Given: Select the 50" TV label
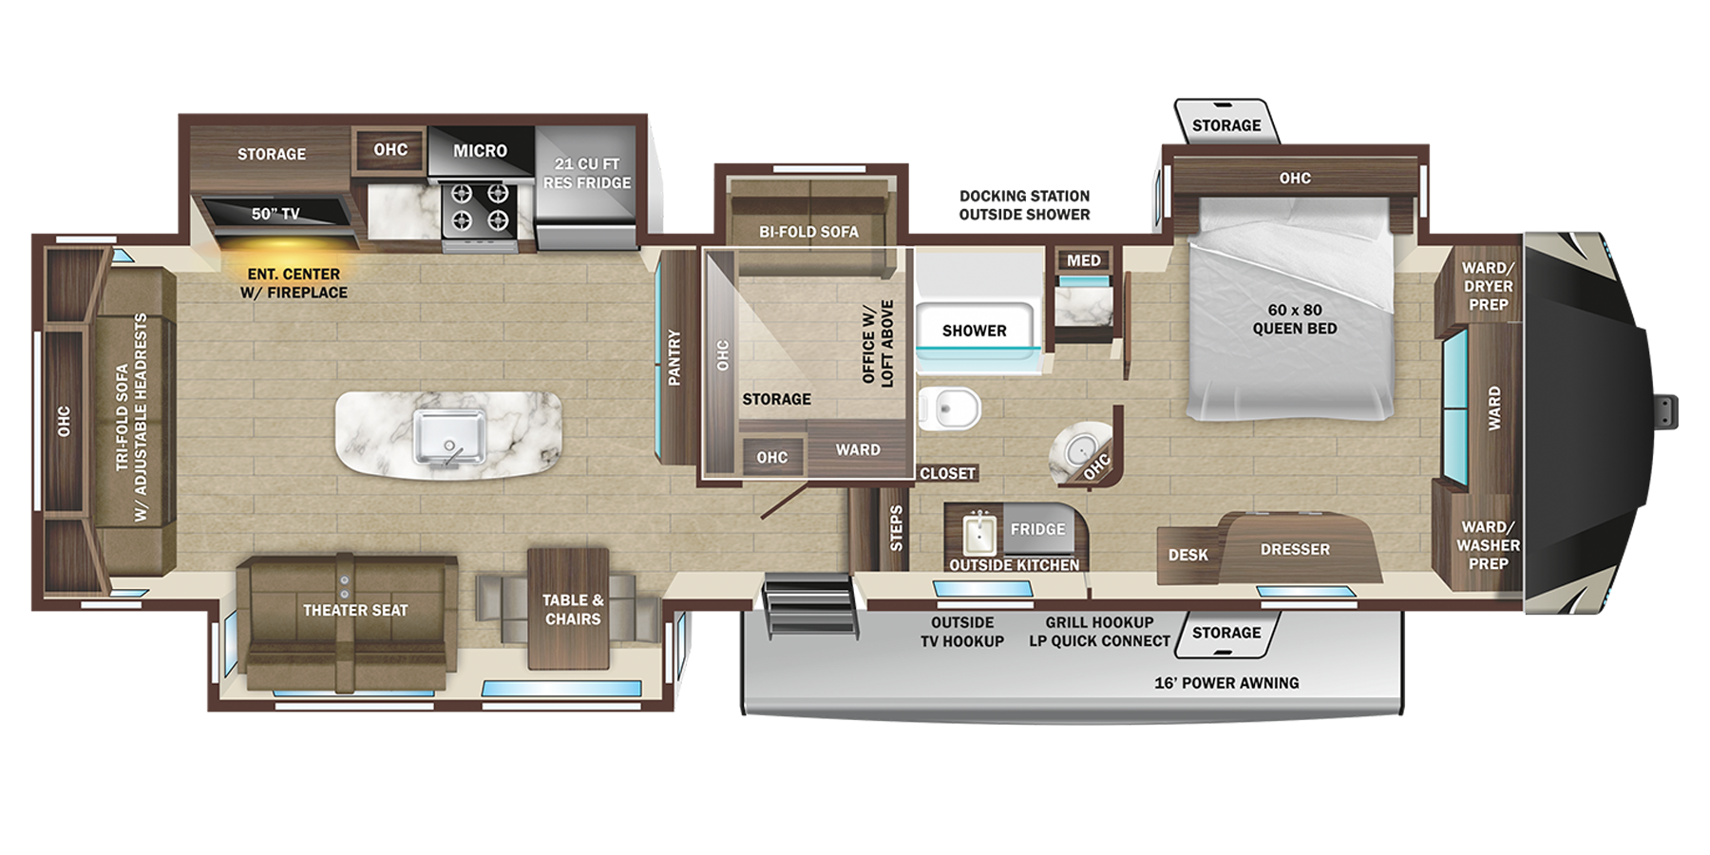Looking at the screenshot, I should (x=275, y=214).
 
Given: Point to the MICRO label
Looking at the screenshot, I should (x=480, y=151).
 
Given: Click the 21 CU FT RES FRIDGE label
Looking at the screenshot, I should (x=587, y=173).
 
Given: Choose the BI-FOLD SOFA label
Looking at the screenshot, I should (x=808, y=232).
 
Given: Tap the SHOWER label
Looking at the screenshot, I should (x=974, y=331).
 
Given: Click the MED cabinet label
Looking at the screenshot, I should (x=1083, y=260).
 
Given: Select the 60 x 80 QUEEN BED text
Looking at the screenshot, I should (x=1294, y=319).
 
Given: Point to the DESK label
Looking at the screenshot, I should (x=1187, y=555).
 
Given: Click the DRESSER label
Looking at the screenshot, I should (x=1295, y=549).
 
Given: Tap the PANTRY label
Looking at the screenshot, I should (x=674, y=357).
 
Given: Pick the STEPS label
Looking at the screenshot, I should (x=896, y=528).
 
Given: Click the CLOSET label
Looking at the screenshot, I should (x=947, y=473).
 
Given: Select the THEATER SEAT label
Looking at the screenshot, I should (x=355, y=610).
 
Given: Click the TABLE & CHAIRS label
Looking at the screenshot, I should (x=573, y=609).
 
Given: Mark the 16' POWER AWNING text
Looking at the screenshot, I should (x=1226, y=682).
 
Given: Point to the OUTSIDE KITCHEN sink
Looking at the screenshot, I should (x=979, y=534).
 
